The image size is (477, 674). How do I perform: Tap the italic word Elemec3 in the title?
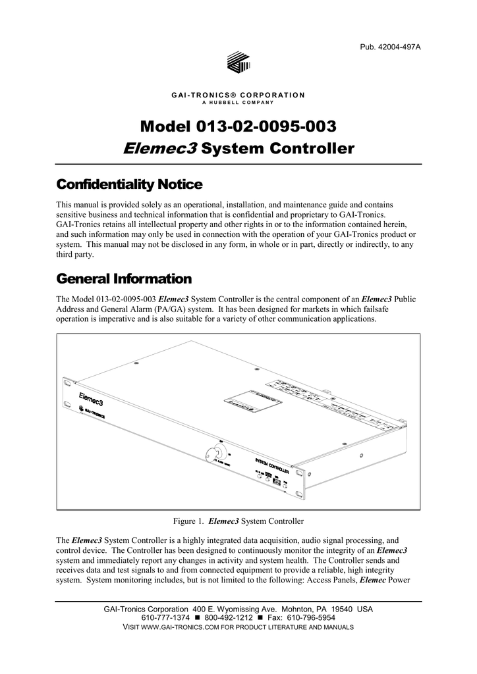pos(160,148)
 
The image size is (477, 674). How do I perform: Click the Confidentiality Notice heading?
pos(130,183)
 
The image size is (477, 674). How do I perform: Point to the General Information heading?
pos(125,278)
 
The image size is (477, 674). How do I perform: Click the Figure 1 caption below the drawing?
pos(238,522)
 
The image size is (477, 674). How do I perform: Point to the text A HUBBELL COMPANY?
pos(238,103)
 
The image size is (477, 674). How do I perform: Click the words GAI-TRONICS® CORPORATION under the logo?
pos(238,95)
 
